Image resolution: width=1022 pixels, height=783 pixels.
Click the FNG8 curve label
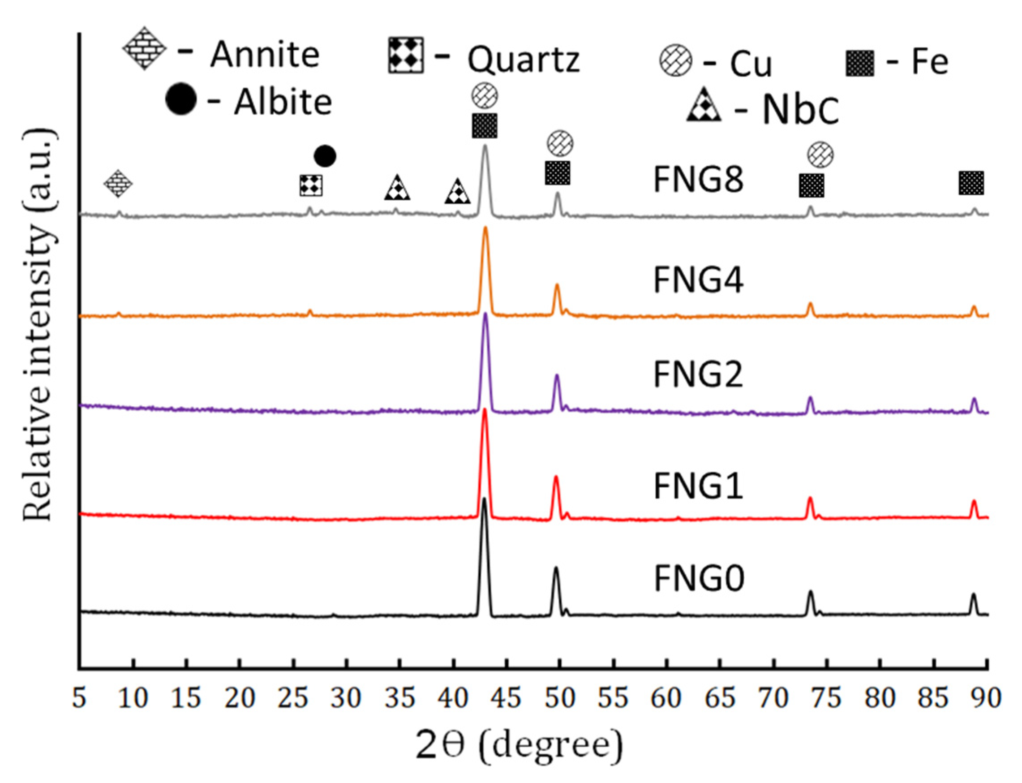698,180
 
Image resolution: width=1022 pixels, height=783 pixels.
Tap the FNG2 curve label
698,375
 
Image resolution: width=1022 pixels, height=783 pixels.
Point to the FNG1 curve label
698,486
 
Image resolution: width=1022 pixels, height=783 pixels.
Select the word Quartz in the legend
524,60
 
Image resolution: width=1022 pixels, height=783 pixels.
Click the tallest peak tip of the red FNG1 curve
485,410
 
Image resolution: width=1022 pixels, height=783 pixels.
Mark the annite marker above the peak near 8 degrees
118,184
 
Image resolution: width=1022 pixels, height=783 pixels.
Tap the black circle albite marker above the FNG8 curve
325,156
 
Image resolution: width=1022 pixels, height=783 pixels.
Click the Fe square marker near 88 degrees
971,183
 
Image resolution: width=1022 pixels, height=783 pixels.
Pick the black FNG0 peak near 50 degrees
555,568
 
